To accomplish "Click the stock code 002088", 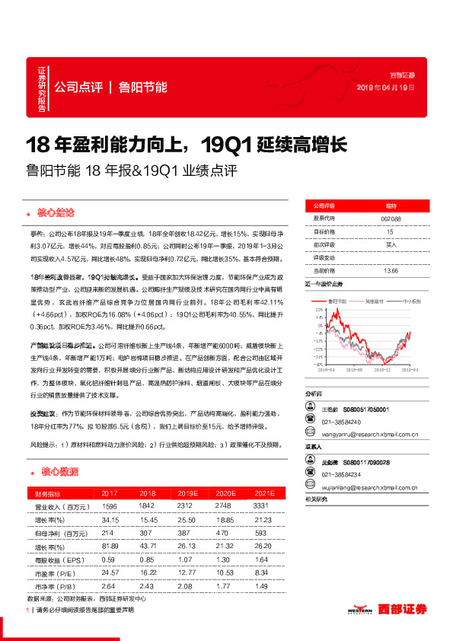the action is tap(390, 218).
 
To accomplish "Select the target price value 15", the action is tap(390, 231).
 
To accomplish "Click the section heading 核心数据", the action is tap(58, 472).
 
